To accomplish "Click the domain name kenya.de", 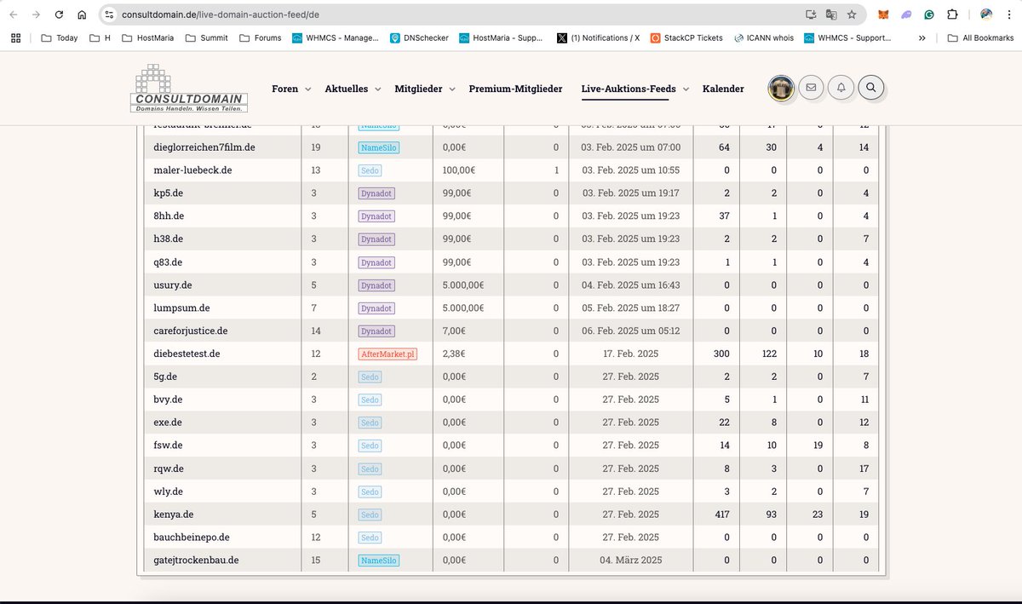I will [x=174, y=515].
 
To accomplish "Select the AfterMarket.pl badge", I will [x=388, y=354].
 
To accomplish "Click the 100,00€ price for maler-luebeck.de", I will [x=459, y=170].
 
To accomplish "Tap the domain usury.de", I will [x=173, y=285].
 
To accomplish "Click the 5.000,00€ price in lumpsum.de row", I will [x=463, y=308].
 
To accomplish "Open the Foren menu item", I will [x=285, y=89].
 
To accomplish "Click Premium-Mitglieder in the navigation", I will [x=515, y=89].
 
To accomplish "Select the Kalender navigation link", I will [x=723, y=89].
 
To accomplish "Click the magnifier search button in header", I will [x=871, y=87].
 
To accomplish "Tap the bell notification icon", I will [x=841, y=87].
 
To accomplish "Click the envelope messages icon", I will [x=811, y=87].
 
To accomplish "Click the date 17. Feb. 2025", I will [x=630, y=354].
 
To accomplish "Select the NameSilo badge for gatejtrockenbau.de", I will [x=378, y=561].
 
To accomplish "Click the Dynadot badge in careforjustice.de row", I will [x=376, y=331].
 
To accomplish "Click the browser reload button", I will [x=58, y=14].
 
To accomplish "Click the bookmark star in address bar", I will [x=852, y=14].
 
